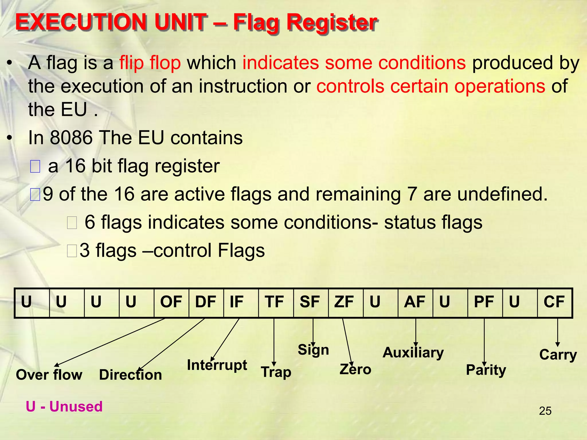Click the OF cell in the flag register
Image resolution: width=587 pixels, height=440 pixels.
(171, 302)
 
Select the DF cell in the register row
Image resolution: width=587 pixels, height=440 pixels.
(206, 302)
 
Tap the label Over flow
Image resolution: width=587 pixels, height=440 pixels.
(49, 375)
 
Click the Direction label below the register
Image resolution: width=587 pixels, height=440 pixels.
(130, 375)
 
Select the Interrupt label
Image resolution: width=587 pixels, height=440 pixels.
(217, 365)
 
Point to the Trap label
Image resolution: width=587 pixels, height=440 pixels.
(276, 372)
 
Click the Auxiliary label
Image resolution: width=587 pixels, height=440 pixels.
(413, 353)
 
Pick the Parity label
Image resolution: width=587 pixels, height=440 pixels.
(486, 370)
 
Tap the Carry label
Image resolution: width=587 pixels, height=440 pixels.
(558, 355)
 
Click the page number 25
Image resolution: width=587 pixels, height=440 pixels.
(545, 411)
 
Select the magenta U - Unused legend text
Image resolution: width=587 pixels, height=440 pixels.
(64, 407)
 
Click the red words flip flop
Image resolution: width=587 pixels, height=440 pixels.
(150, 63)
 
